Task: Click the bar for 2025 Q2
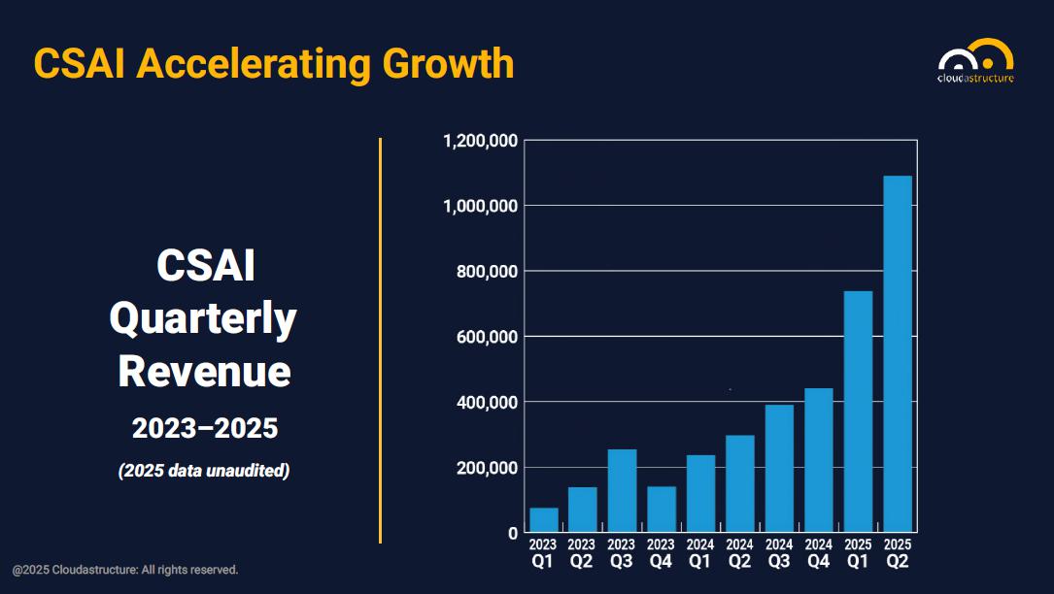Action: point(897,354)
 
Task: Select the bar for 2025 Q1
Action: point(858,412)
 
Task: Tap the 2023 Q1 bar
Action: point(544,520)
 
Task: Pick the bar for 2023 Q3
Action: point(622,491)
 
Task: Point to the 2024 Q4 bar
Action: point(819,460)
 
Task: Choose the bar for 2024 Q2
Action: point(740,483)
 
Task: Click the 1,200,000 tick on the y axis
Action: point(480,141)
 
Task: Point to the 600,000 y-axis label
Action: point(487,337)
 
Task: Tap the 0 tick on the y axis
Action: point(513,533)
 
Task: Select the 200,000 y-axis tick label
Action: point(487,468)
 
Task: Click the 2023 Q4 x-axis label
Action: point(661,552)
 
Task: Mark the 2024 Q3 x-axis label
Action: point(779,552)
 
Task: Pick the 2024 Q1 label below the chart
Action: point(700,552)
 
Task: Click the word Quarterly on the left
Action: point(203,319)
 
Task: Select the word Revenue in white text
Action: point(204,372)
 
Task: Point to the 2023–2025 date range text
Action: point(205,427)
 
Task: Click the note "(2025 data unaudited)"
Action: point(204,472)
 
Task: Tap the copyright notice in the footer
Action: point(125,570)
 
